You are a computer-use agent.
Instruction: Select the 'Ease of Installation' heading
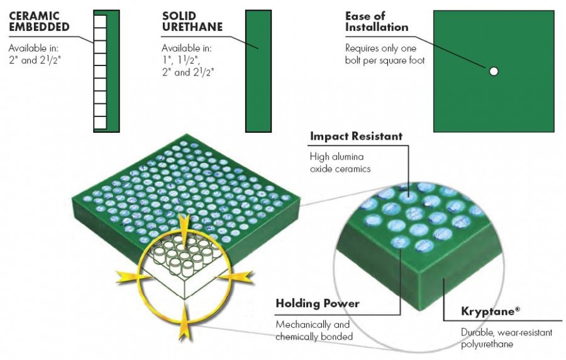[x=377, y=21]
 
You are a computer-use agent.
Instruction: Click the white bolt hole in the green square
[x=494, y=71]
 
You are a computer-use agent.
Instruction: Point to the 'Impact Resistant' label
[x=356, y=136]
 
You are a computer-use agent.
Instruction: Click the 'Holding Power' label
[x=318, y=303]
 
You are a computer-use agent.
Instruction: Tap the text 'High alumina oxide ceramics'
[x=340, y=162]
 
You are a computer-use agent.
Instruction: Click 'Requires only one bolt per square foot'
[x=385, y=54]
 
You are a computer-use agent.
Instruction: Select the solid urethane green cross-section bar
[x=258, y=71]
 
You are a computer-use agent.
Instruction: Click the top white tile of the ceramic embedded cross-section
[x=100, y=20]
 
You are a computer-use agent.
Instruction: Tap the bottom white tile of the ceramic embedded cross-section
[x=100, y=123]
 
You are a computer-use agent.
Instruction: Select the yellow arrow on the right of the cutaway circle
[x=238, y=274]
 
